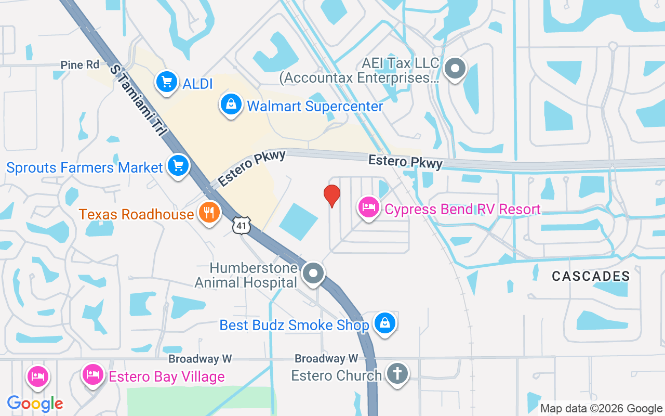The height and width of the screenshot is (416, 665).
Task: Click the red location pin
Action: (332, 196)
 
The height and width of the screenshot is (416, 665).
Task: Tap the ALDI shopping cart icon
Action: (167, 82)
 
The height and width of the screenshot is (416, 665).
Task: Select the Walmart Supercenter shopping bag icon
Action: (231, 105)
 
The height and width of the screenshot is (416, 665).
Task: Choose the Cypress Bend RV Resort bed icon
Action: (369, 208)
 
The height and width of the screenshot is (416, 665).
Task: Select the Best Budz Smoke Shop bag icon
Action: (385, 323)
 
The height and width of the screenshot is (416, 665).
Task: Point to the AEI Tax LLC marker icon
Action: (456, 68)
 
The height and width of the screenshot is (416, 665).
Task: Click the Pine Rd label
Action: (79, 65)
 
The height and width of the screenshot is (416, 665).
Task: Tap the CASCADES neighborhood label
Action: (591, 276)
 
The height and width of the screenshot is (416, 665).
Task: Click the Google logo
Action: (35, 404)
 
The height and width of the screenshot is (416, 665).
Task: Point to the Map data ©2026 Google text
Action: (601, 409)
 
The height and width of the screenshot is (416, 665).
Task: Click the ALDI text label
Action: (198, 83)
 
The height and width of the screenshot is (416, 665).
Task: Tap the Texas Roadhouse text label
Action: (136, 214)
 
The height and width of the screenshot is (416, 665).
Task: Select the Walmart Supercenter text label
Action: (315, 107)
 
